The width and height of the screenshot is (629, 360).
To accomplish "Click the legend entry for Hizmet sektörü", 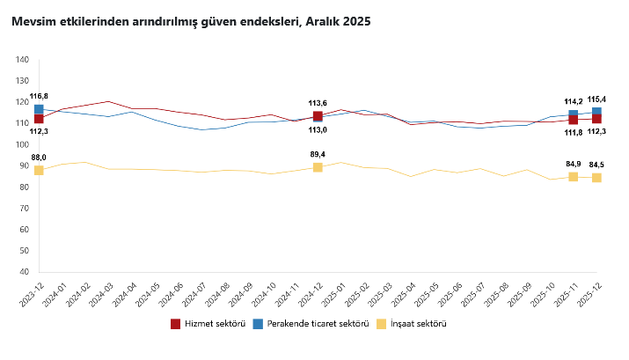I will [208, 324].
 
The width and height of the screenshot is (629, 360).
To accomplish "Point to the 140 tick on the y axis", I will [22, 60].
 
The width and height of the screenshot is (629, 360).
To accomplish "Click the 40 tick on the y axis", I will [25, 272].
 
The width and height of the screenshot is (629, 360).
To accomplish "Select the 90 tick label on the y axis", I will [25, 165].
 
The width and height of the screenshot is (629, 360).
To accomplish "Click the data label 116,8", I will [39, 95].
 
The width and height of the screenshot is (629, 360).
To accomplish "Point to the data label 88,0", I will [39, 157].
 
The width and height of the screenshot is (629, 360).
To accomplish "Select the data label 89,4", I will [318, 154].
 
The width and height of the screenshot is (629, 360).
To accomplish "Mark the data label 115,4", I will [596, 99].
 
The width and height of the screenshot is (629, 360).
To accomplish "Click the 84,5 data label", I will [596, 165].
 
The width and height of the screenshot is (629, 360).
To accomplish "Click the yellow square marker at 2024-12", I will [318, 167].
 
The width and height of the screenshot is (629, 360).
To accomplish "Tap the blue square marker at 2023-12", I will [39, 109].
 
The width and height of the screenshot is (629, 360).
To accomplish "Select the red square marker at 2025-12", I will [596, 119].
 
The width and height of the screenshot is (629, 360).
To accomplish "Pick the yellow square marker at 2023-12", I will [39, 170].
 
